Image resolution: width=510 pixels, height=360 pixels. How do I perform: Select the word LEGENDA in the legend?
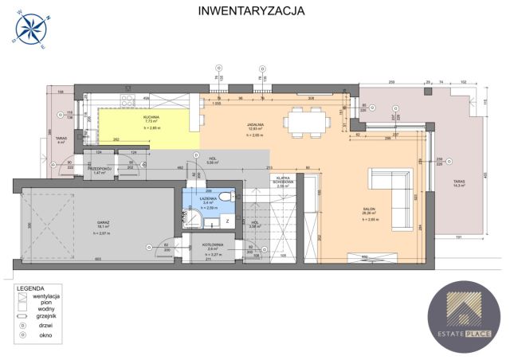31,287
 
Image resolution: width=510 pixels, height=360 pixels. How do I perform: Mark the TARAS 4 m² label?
61,142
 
